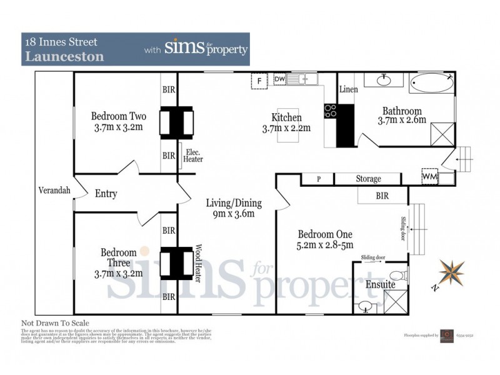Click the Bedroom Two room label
[118, 116]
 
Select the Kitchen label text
[286, 117]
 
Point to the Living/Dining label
[234, 203]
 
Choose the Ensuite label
[381, 284]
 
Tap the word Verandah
[54, 191]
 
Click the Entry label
[106, 194]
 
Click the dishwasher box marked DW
[279, 79]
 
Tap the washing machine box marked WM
[429, 176]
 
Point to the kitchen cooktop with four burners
[330, 111]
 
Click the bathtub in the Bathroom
[432, 82]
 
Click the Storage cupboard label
[368, 179]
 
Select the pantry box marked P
[318, 179]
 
